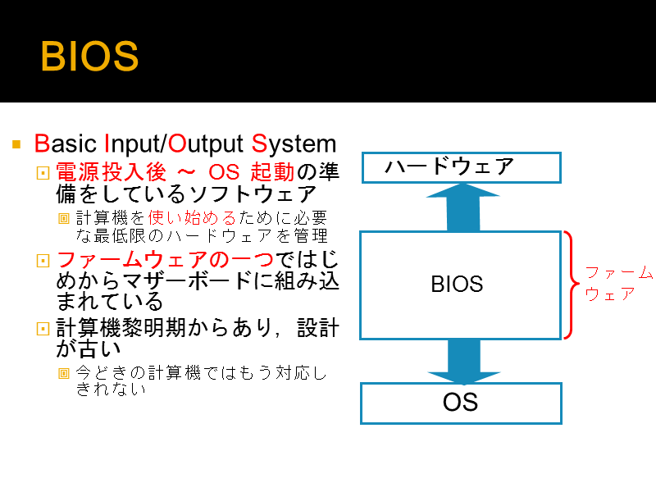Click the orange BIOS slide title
[x=89, y=57]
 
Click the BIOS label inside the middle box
[x=457, y=284]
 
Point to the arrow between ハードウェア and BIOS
[x=462, y=207]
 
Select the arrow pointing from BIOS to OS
[x=463, y=362]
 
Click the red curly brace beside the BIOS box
[x=572, y=285]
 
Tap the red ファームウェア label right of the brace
[x=618, y=283]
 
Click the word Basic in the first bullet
[x=66, y=143]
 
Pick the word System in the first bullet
[x=294, y=144]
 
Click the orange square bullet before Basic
[x=16, y=145]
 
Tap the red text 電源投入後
[x=111, y=172]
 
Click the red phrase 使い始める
[x=192, y=217]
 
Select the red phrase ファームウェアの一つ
[x=165, y=259]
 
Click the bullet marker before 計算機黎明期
[x=43, y=329]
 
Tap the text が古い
[x=89, y=348]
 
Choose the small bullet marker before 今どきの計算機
[x=64, y=373]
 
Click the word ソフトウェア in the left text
[x=253, y=194]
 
